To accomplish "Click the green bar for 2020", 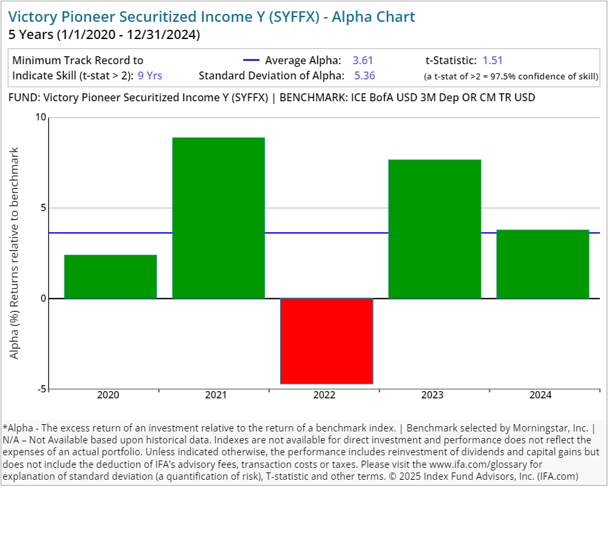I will coord(111,277).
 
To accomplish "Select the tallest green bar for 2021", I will coord(219,218).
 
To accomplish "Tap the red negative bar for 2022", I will coord(327,341).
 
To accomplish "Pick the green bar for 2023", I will coord(434,229).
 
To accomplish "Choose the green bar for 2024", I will coord(542,264).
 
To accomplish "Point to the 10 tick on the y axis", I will coord(41,118).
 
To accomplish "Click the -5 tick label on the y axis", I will coord(41,389).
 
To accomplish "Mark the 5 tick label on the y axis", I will coord(44,208).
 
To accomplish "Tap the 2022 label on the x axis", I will coord(324,396).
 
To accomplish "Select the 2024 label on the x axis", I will coord(540,396).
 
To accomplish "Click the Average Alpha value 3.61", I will coord(363,60).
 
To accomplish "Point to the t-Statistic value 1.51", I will coord(493,60).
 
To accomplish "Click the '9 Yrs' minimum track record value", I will coord(150,75).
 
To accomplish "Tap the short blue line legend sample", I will coord(252,60).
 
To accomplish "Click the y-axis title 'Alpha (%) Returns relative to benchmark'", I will coord(15,253).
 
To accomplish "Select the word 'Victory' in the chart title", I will coord(32,17).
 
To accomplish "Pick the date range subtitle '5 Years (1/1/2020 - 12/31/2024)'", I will coord(104,34).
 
